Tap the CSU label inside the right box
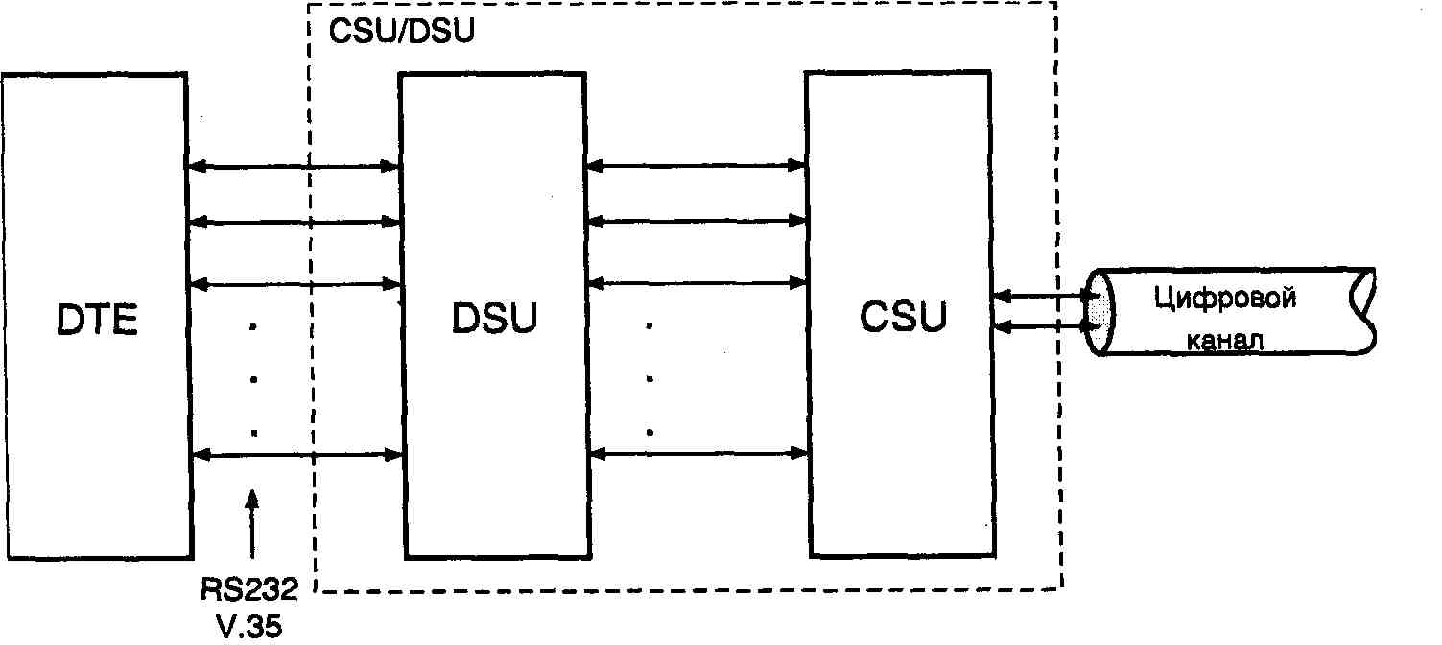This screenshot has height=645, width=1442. click(x=902, y=318)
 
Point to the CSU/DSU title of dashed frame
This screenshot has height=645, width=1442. click(x=401, y=30)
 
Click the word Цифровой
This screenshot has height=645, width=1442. click(x=1226, y=298)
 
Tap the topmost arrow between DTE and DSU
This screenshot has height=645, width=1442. click(x=293, y=168)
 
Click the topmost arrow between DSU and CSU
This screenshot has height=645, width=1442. click(x=697, y=165)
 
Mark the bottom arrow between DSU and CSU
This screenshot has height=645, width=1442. click(x=697, y=451)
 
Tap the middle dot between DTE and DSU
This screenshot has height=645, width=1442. click(x=253, y=380)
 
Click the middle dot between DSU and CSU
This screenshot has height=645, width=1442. click(x=650, y=379)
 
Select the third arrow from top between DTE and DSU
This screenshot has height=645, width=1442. click(x=293, y=284)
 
